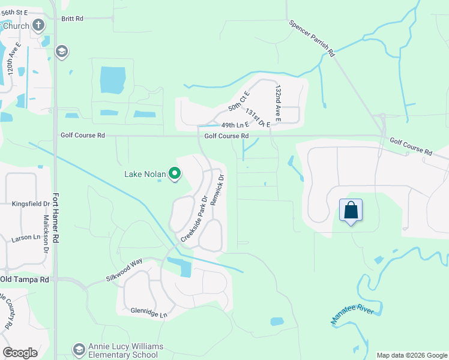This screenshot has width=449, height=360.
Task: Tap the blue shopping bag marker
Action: [351, 211]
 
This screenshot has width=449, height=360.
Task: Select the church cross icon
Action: [39, 25]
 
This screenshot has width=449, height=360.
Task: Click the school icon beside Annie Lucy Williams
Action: [79, 349]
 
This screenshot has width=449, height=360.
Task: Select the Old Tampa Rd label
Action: [25, 280]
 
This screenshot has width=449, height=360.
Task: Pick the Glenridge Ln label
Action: [149, 313]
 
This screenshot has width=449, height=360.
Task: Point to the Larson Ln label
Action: [25, 238]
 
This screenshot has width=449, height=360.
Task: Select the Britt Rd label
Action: [72, 19]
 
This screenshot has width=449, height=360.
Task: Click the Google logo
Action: [20, 353]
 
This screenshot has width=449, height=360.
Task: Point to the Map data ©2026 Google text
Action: [411, 355]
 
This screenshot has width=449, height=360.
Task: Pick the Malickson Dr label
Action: [45, 235]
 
